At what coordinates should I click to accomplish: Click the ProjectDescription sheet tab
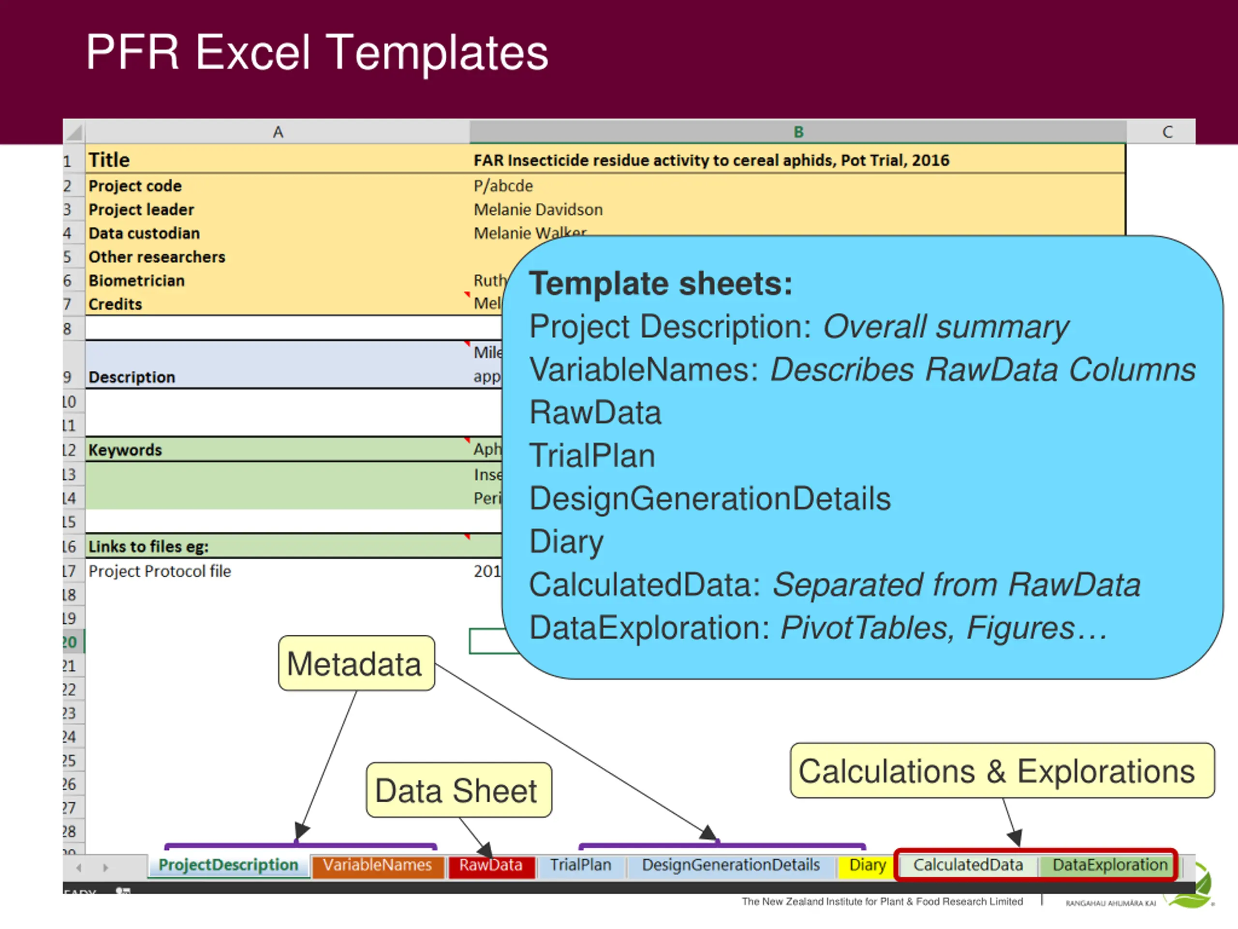[x=228, y=865]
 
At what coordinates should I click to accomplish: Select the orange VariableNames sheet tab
[x=377, y=865]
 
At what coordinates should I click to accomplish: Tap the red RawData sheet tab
[x=491, y=865]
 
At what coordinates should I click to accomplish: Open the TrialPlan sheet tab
[x=580, y=865]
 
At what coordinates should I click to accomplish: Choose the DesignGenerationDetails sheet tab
[x=730, y=865]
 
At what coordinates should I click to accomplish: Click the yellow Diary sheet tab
[x=867, y=865]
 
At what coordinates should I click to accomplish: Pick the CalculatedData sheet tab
[x=968, y=865]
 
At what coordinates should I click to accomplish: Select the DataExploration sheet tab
[x=1110, y=865]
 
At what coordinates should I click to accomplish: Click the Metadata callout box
[x=356, y=663]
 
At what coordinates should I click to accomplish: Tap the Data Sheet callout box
[x=458, y=790]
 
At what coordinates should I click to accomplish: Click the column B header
[x=798, y=132]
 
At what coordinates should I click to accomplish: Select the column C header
[x=1167, y=132]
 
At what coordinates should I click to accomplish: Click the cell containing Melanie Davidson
[x=538, y=210]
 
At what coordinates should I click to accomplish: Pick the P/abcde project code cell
[x=503, y=185]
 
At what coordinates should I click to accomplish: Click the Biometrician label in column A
[x=136, y=280]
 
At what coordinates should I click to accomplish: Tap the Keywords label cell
[x=125, y=450]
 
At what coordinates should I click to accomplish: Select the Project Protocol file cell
[x=160, y=571]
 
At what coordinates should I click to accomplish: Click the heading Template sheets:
[x=661, y=284]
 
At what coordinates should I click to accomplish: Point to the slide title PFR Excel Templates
[x=317, y=53]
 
